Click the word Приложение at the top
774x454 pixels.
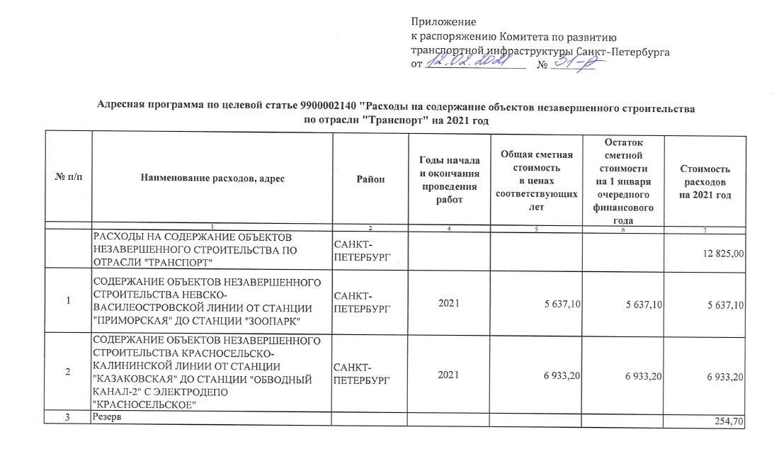pyautogui.click(x=444, y=23)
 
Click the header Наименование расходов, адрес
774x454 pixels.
pyautogui.click(x=212, y=179)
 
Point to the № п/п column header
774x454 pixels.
pyautogui.click(x=68, y=179)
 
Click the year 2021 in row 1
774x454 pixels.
pyautogui.click(x=449, y=304)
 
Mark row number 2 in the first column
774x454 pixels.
pyautogui.click(x=68, y=372)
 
